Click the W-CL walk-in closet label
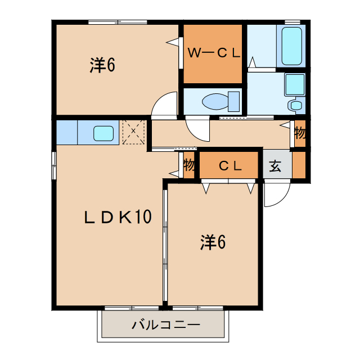(x=214, y=53)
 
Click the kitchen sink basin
(x=103, y=133)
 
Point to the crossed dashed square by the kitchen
(x=134, y=132)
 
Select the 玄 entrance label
(x=275, y=166)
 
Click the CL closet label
(x=230, y=166)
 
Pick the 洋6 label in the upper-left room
(x=102, y=66)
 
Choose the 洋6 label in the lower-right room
(x=213, y=242)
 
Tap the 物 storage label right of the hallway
(x=300, y=134)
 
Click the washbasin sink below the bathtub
(x=294, y=84)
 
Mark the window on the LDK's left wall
(x=54, y=166)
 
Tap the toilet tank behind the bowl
(x=233, y=101)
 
